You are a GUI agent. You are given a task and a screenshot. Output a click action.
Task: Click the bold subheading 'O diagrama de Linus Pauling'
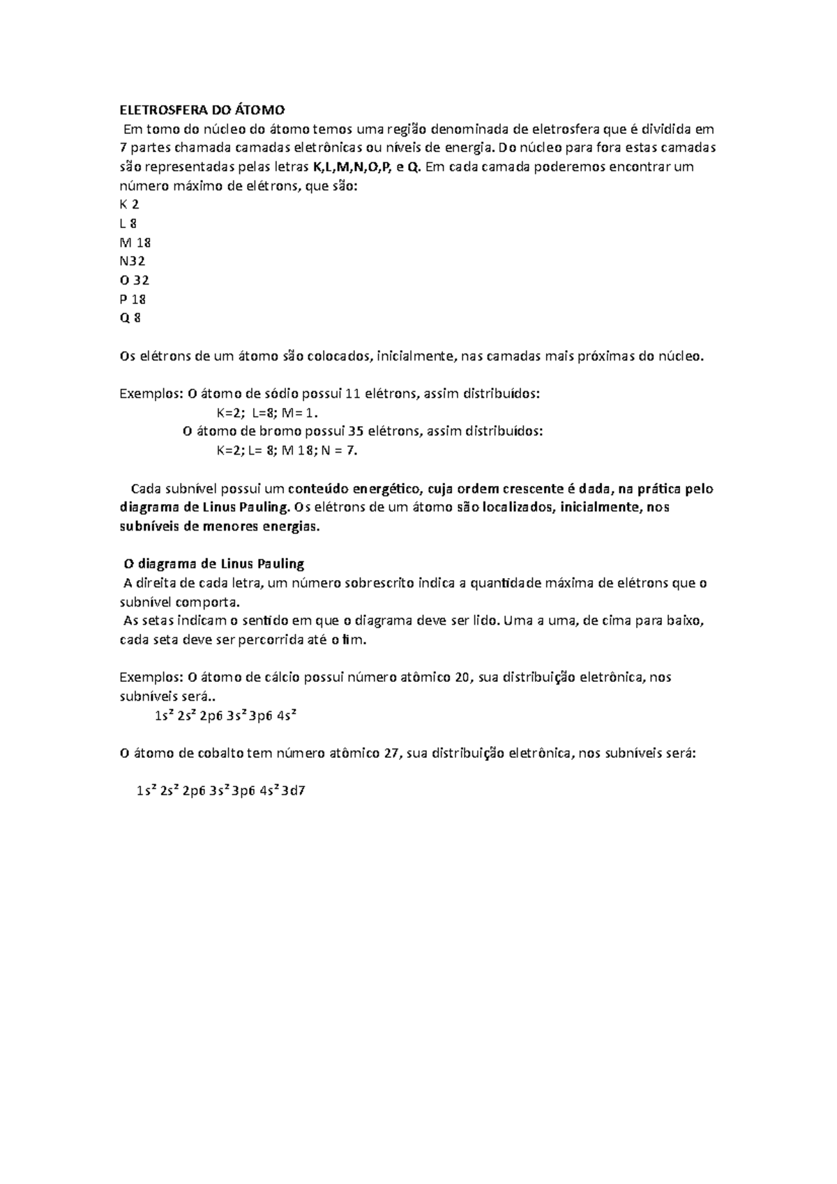[213, 563]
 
